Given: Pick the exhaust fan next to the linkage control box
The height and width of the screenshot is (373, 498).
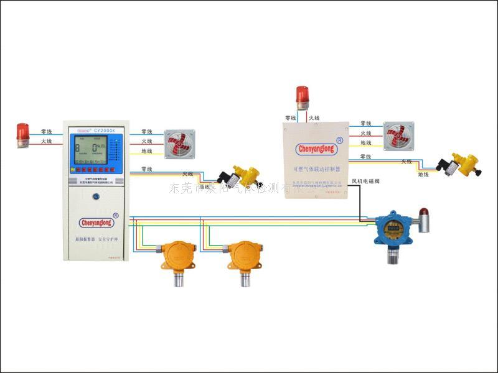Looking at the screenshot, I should click(x=397, y=135).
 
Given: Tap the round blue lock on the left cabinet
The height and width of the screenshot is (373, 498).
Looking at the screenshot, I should click(x=96, y=198).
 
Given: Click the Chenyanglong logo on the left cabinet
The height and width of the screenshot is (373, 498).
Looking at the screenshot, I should click(x=96, y=221).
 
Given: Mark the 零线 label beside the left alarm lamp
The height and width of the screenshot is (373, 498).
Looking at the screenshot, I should click(x=46, y=132).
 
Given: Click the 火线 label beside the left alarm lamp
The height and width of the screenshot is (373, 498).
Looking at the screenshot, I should click(x=46, y=142).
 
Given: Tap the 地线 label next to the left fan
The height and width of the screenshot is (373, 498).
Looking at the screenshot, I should click(x=147, y=151).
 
